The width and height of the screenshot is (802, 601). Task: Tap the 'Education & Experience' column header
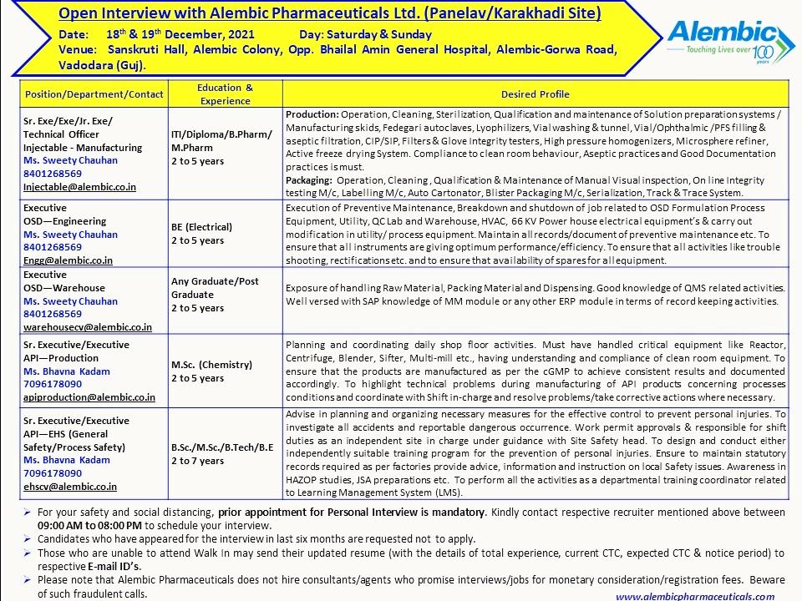[225, 94]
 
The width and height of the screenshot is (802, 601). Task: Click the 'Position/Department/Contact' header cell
[94, 94]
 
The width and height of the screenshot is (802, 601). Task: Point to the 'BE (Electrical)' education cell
[201, 226]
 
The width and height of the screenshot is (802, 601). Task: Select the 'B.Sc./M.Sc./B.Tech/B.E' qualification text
[221, 446]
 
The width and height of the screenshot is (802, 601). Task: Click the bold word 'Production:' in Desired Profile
[311, 114]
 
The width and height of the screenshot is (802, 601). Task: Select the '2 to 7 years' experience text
[197, 460]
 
